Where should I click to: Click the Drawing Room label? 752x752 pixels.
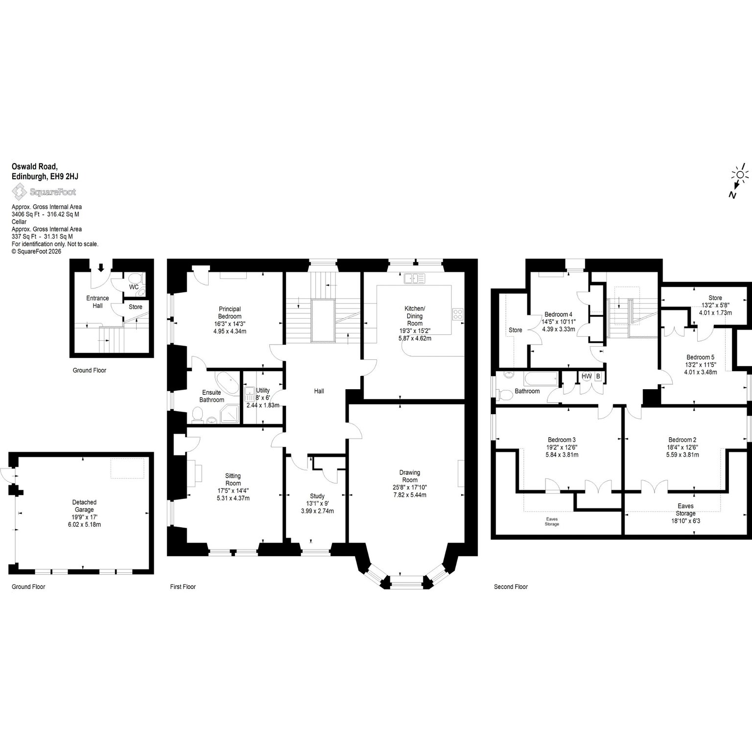tap(410, 476)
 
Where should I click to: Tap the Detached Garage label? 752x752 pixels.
tap(84, 506)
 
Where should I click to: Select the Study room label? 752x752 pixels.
tap(317, 496)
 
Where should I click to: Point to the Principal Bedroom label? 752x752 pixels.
tap(230, 312)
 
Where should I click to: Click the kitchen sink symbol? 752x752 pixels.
tap(415, 279)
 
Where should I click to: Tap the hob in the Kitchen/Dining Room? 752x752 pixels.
tap(458, 314)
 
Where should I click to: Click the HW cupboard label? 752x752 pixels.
tap(586, 376)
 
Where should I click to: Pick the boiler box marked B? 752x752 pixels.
tap(598, 376)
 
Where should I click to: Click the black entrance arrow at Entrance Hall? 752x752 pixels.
tap(101, 267)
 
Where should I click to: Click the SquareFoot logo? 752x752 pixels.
tap(44, 192)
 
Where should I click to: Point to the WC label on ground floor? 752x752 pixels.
tap(134, 286)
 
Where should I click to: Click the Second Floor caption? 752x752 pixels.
tap(511, 587)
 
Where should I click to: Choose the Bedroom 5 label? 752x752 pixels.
tap(700, 357)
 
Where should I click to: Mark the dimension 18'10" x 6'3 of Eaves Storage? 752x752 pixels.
tap(685, 521)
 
